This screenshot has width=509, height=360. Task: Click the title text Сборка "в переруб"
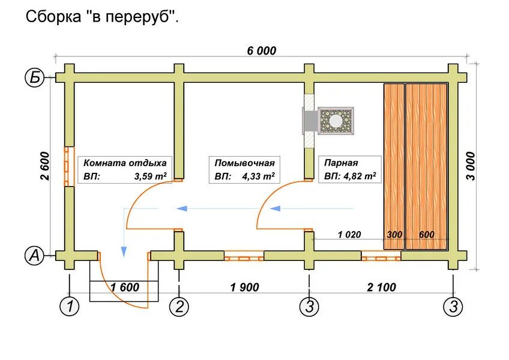point(102,17)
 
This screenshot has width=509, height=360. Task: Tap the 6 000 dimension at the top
point(262,51)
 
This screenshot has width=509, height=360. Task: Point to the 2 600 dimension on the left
point(47,166)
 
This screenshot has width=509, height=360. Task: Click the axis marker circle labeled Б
point(34,77)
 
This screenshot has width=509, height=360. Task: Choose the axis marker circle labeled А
point(34,256)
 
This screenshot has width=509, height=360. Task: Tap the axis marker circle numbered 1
point(70,307)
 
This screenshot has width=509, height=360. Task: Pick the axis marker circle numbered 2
point(179,307)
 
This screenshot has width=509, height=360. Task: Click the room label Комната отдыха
point(125,163)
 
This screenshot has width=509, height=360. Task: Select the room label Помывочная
point(244,163)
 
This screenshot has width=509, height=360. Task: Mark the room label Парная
point(341,163)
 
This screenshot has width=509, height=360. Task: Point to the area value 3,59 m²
point(150,177)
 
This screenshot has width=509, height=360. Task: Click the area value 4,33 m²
point(259,177)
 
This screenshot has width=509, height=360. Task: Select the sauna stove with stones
point(335,120)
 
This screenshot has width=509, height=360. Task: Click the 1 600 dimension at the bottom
point(124,287)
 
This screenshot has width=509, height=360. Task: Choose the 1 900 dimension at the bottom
point(244,287)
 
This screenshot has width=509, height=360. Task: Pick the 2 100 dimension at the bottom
point(381,287)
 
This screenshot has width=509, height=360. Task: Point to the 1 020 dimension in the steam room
point(349,235)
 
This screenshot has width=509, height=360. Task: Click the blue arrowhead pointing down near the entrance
point(124,251)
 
